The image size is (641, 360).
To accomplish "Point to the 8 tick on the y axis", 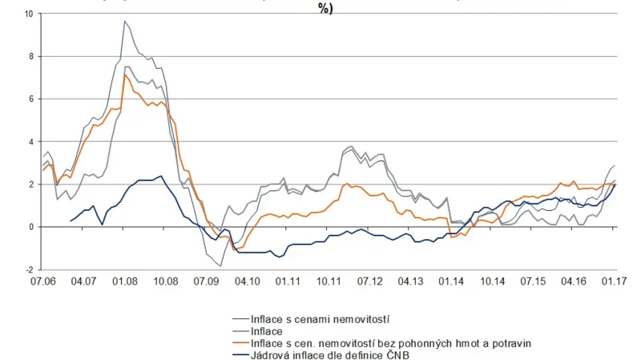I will pos(30,57).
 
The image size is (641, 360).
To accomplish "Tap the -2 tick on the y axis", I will pos(29,270).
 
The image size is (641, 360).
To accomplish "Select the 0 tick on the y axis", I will pos(30,227).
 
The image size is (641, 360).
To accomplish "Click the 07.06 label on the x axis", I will pos(42,282).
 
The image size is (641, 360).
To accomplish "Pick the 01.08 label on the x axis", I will pos(124,282).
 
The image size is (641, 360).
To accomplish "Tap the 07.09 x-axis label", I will pos(207,282).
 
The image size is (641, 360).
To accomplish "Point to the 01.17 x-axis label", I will pos(615,282).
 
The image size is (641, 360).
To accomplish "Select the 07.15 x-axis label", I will pos(533,282).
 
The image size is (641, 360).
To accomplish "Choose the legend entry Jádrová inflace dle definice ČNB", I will pos(330,354).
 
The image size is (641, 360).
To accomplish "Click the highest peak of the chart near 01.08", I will pos(124,22).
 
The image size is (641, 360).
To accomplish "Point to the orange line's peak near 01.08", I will pos(125,75).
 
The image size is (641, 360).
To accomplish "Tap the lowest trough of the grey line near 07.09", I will pos(220,265).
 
